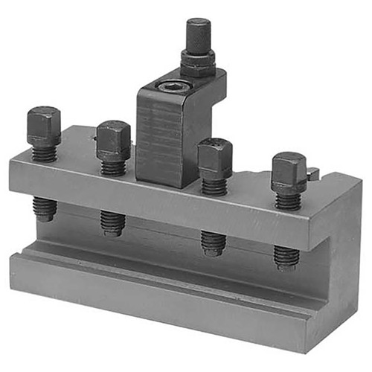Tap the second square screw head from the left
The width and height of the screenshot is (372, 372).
pyautogui.click(x=113, y=139)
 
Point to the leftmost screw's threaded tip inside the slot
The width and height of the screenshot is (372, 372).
pyautogui.click(x=45, y=208)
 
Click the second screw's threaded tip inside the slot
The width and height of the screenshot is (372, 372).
pyautogui.click(x=113, y=222)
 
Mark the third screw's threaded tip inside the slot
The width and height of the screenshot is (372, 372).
pyautogui.click(x=214, y=242)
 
